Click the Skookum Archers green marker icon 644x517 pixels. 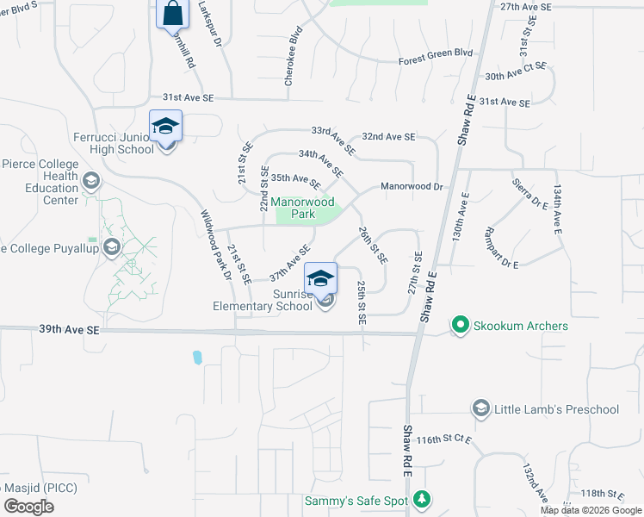point(460,327)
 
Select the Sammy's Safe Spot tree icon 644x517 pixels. point(421,499)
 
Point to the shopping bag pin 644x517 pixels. point(172,14)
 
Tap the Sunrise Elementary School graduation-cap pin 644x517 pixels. point(321,279)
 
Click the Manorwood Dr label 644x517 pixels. point(412,186)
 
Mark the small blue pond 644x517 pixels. point(197,357)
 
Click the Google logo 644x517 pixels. point(28,507)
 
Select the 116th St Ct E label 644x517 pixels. point(443,440)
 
